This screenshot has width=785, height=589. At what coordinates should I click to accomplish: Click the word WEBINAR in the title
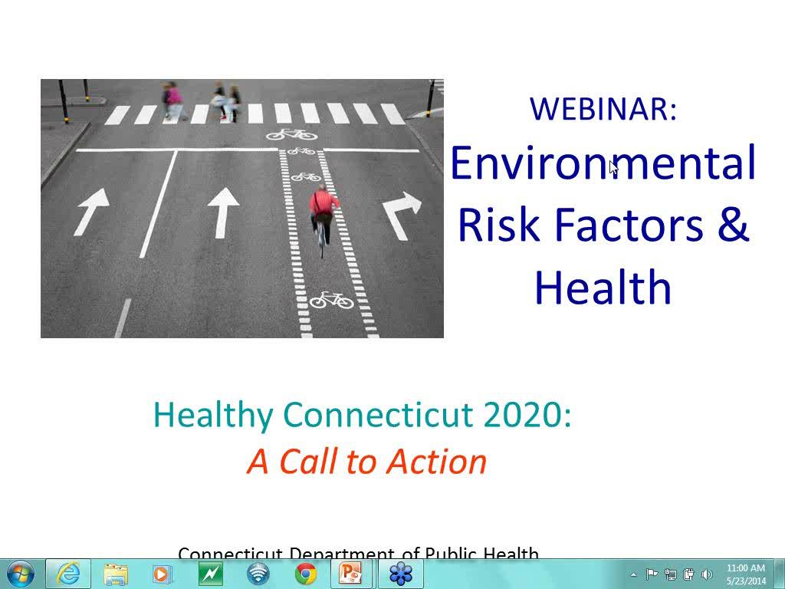603,109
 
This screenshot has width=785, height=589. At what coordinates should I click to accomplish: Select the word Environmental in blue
603,163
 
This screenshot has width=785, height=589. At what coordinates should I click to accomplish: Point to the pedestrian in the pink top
174,98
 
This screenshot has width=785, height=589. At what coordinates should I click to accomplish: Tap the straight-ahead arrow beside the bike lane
223,212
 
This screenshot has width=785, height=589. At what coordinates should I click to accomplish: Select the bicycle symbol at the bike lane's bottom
331,299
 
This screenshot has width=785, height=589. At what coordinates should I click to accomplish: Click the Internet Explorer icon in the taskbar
68,574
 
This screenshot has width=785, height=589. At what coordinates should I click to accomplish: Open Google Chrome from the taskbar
306,574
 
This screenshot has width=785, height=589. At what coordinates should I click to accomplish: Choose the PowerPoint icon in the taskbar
351,574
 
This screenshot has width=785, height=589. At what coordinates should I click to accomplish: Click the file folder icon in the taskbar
116,574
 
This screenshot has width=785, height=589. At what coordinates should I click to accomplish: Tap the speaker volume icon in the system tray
707,574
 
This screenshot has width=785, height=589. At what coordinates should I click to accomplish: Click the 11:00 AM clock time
745,568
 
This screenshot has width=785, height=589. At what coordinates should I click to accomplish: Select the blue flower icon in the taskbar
400,574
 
